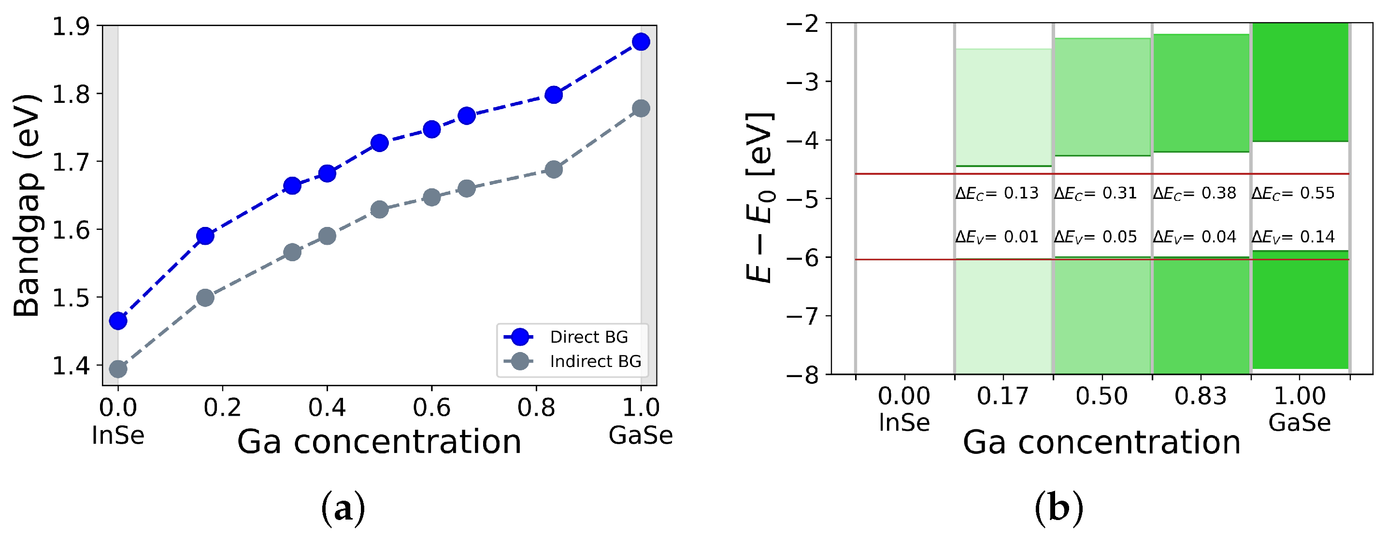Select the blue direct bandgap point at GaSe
coord(641,42)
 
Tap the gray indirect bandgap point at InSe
coord(118,369)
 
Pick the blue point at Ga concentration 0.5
coord(380,142)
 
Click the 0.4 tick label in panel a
coord(327,408)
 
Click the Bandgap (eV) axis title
coord(27,205)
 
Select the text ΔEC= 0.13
coord(997,193)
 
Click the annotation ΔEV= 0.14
coord(1293,237)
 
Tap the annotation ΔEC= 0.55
coord(1293,193)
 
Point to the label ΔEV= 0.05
coord(1095,237)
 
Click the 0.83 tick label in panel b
coord(1200,396)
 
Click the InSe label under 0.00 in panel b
coord(904,422)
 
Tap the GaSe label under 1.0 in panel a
coord(641,435)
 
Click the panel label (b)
coord(1058,508)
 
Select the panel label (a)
coord(343,508)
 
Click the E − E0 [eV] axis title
coord(760,197)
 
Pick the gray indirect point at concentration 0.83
coord(554,169)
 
